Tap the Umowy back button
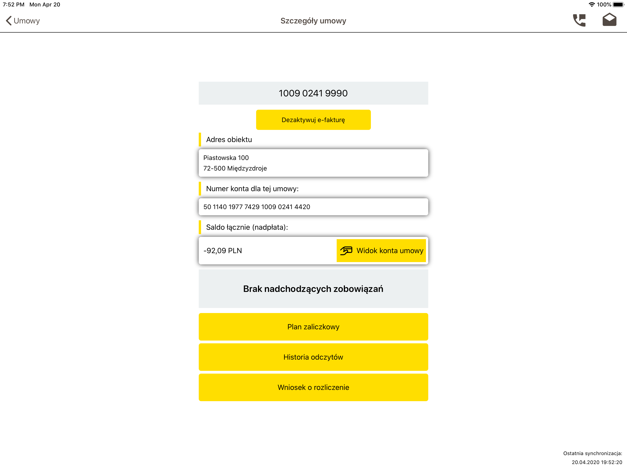pyautogui.click(x=23, y=21)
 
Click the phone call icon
pyautogui.click(x=579, y=20)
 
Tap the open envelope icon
pyautogui.click(x=609, y=20)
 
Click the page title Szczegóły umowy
pyautogui.click(x=313, y=21)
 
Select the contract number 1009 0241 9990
pyautogui.click(x=313, y=93)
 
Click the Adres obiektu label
pyautogui.click(x=229, y=140)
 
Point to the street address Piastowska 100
pyautogui.click(x=226, y=158)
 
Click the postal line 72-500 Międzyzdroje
pyautogui.click(x=235, y=168)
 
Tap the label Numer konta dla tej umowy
pyautogui.click(x=252, y=189)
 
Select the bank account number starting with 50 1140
pyautogui.click(x=257, y=207)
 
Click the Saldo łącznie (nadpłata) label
pyautogui.click(x=247, y=227)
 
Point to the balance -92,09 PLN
pyautogui.click(x=223, y=251)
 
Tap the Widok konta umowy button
pyautogui.click(x=381, y=251)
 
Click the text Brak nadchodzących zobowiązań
pyautogui.click(x=313, y=289)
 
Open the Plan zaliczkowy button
pyautogui.click(x=313, y=327)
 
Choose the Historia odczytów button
pyautogui.click(x=313, y=357)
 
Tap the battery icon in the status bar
pyautogui.click(x=618, y=5)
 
